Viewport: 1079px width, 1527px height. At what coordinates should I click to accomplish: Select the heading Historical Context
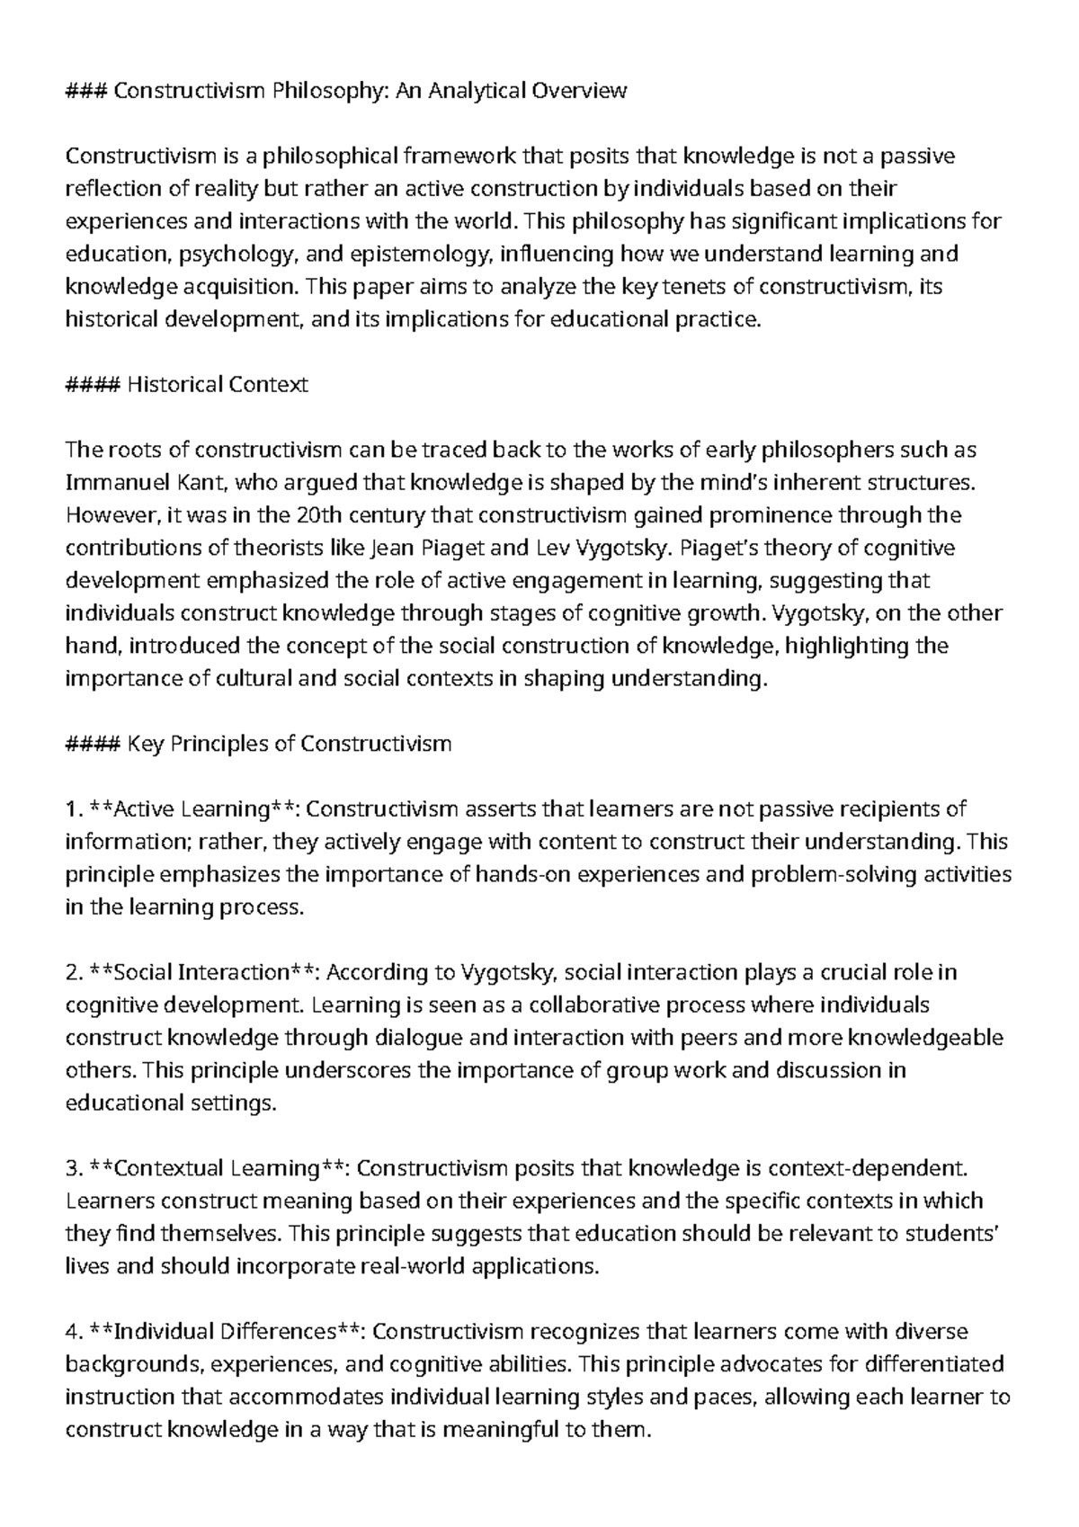coord(217,385)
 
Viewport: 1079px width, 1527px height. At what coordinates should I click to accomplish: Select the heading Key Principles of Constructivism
coord(289,744)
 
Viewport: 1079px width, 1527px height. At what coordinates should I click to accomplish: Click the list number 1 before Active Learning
coord(72,809)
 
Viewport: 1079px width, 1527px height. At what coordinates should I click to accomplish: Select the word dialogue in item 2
coord(419,1038)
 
